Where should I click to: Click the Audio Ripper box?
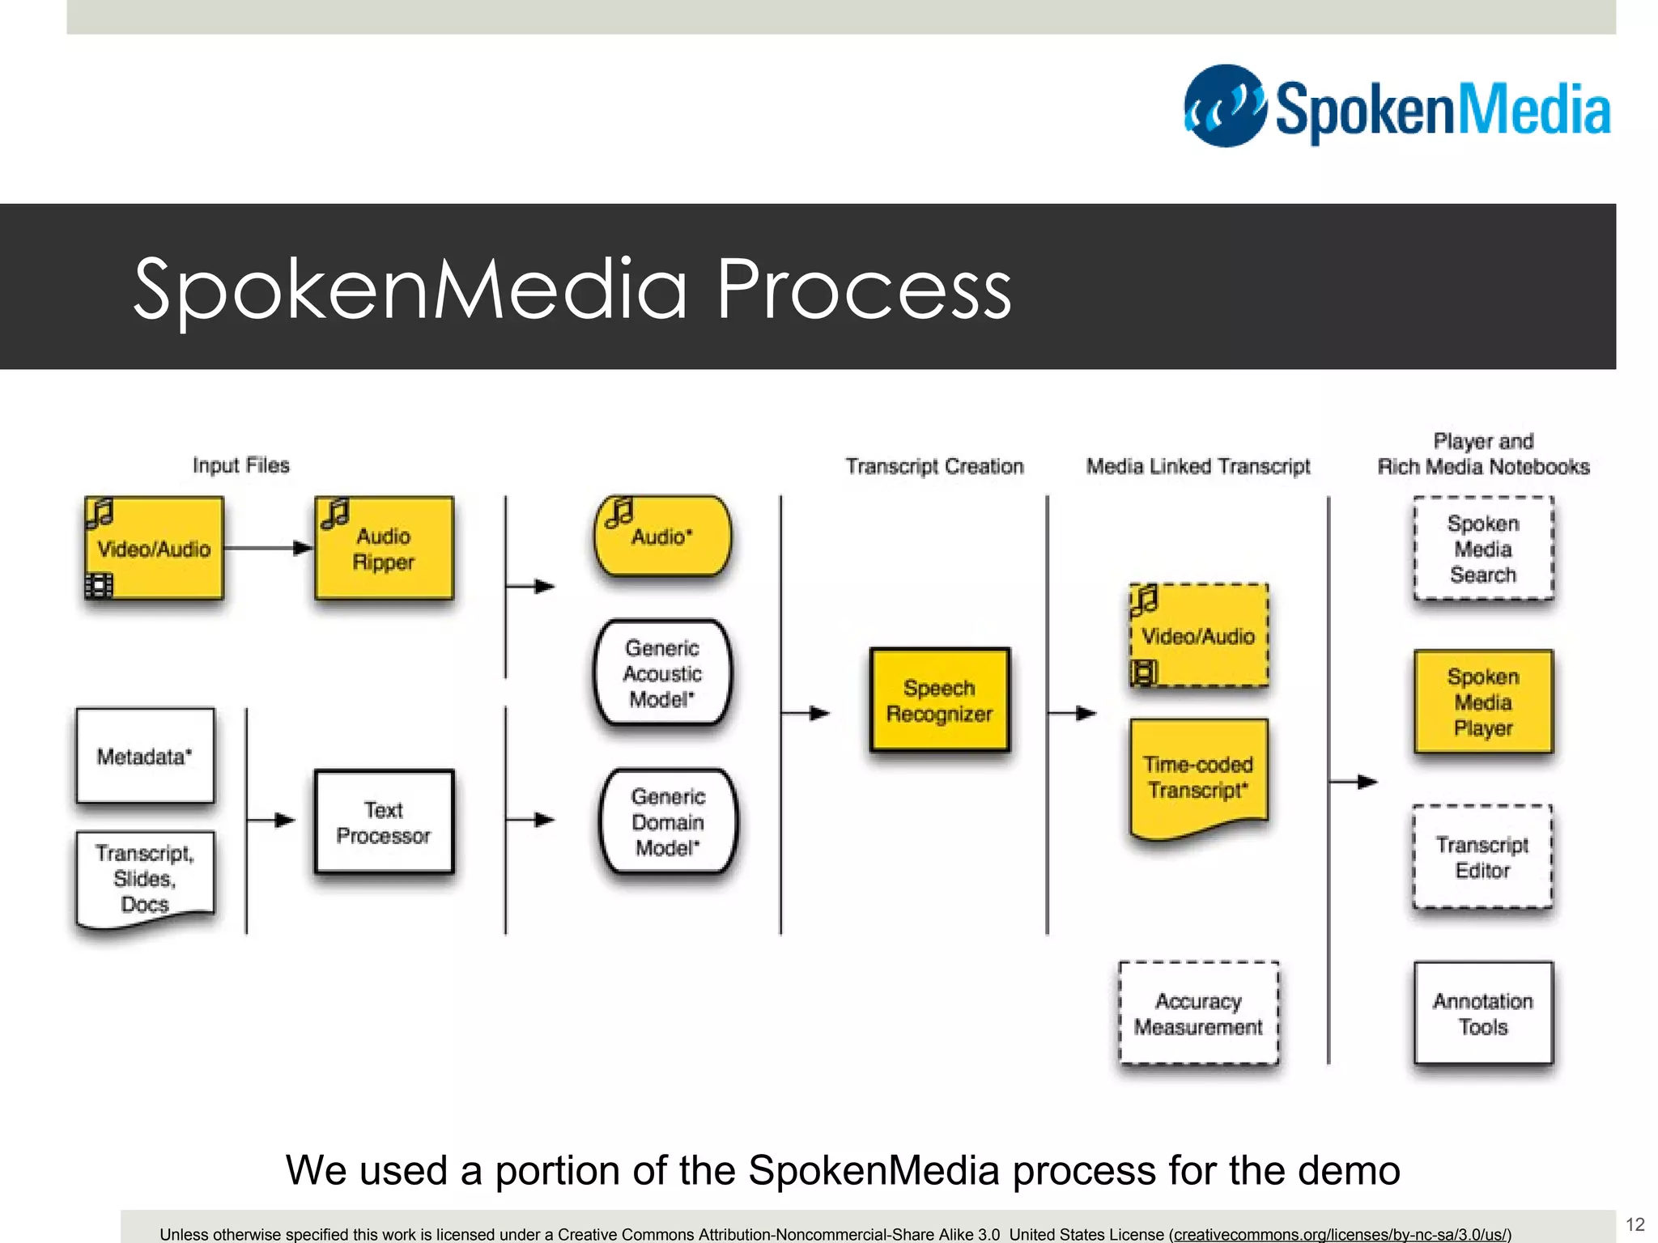pos(384,549)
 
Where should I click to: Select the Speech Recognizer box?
pos(939,701)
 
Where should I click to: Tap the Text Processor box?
pos(384,822)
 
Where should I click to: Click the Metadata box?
pos(145,756)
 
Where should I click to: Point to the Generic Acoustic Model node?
pos(662,673)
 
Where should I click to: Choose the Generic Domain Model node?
pos(668,822)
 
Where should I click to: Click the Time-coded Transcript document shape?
pos(1198,777)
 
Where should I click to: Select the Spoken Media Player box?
pos(1482,702)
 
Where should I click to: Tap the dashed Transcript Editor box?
pos(1482,857)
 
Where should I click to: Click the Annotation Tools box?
pos(1482,1013)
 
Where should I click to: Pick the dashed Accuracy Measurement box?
pos(1198,1013)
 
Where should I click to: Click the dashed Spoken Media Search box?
pos(1482,549)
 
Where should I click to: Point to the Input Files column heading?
pos(240,465)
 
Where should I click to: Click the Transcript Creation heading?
pos(934,466)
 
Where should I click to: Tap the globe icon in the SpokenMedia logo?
pos(1225,106)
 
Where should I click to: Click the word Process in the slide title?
pos(864,289)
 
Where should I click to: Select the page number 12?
pos(1635,1224)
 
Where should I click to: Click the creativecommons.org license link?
pos(1340,1234)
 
